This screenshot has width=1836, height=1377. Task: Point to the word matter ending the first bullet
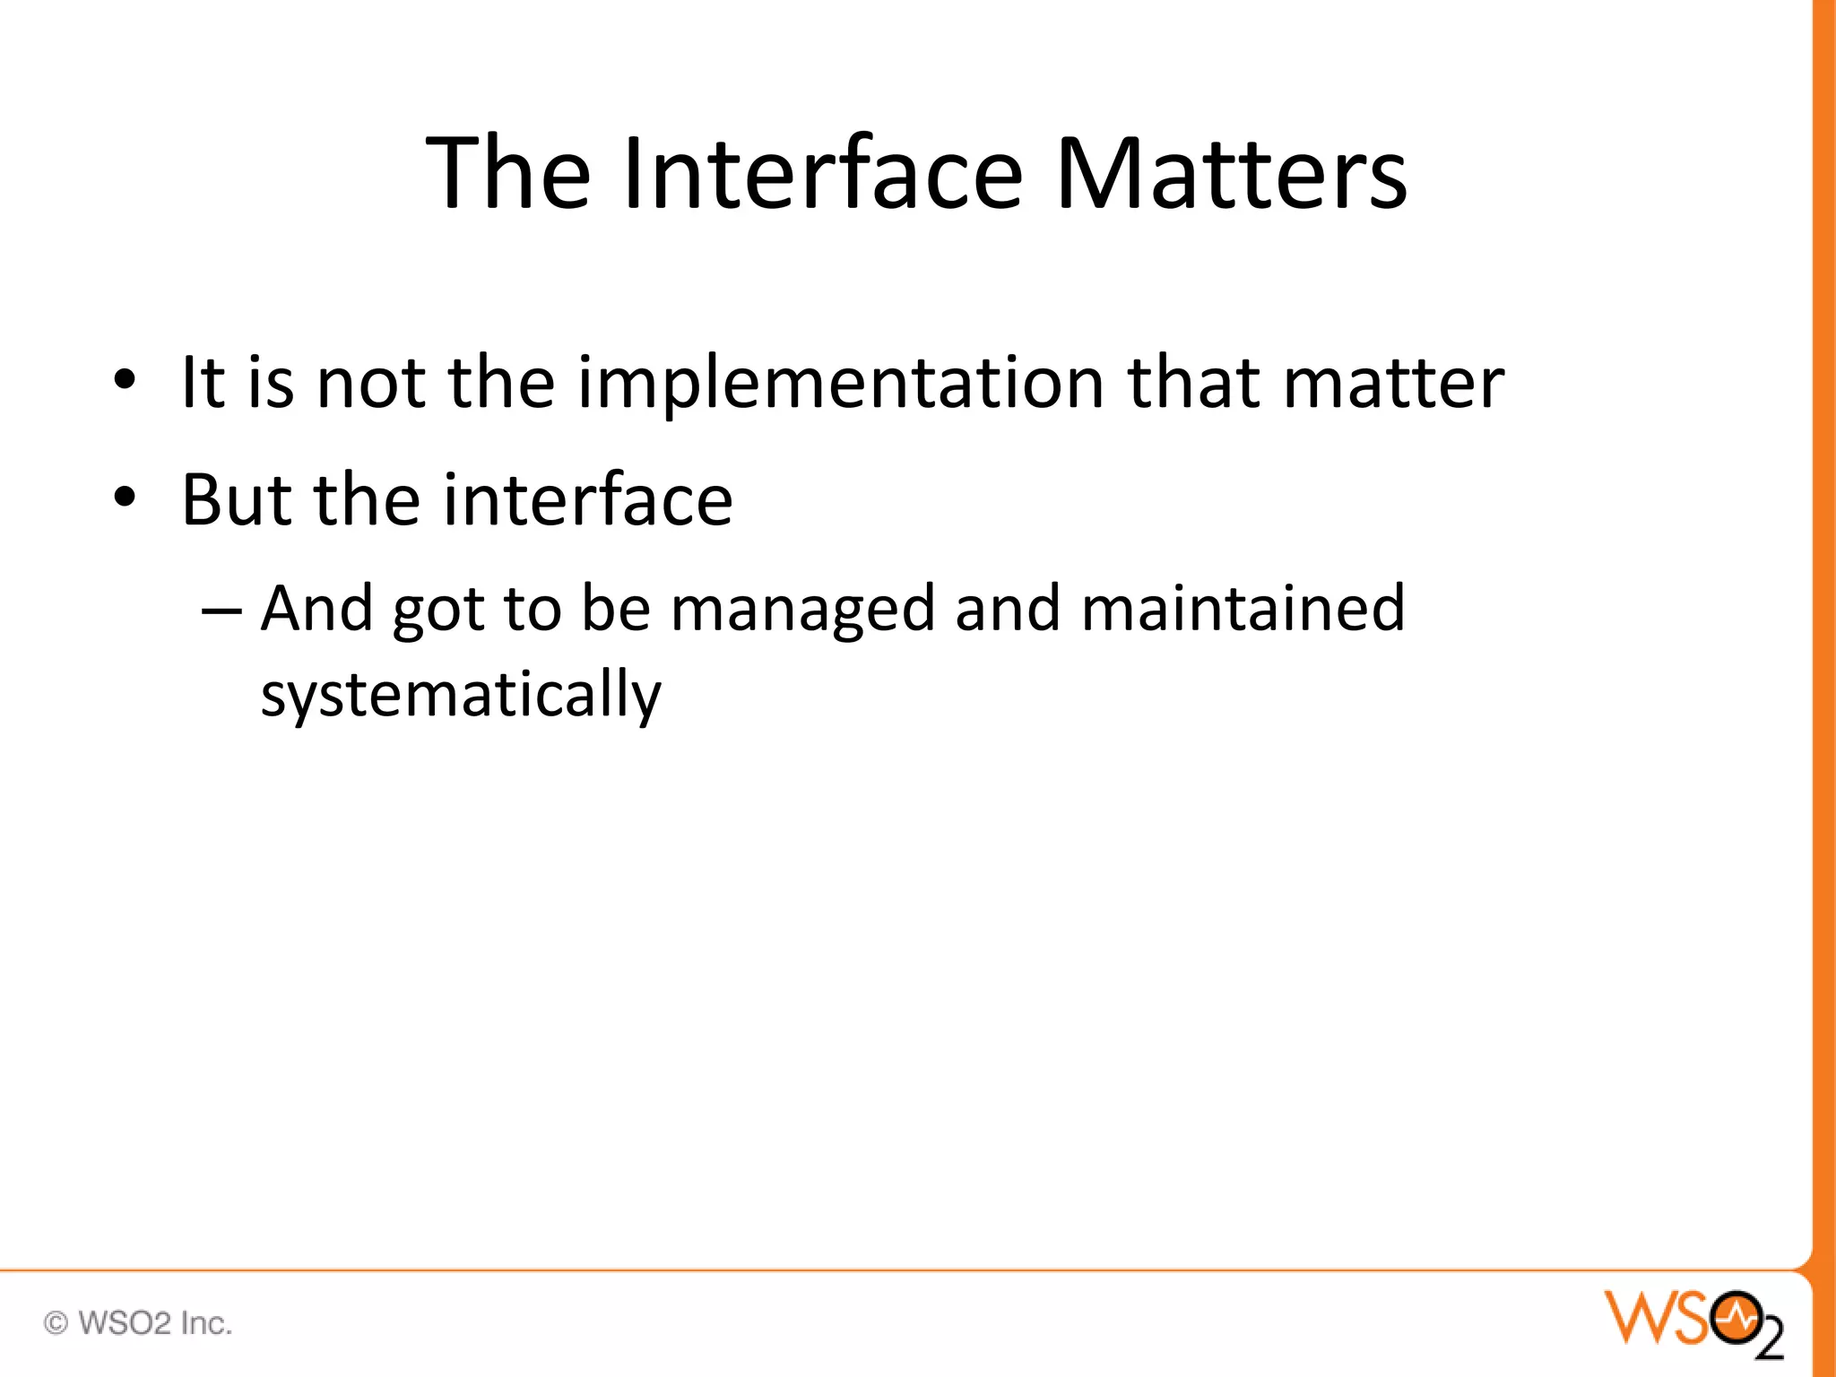[x=1393, y=384]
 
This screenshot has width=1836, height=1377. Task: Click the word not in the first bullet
[x=370, y=384]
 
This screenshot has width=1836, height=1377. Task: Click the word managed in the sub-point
[x=802, y=610]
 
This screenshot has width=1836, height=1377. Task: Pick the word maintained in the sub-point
[x=1243, y=610]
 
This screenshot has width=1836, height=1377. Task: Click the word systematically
[x=461, y=695]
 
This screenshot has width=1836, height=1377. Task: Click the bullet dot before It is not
[x=125, y=380]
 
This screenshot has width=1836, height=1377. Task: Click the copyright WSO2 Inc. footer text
[x=138, y=1323]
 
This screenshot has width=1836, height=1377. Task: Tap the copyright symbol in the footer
[x=56, y=1323]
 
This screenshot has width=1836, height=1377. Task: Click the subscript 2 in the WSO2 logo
[x=1769, y=1340]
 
